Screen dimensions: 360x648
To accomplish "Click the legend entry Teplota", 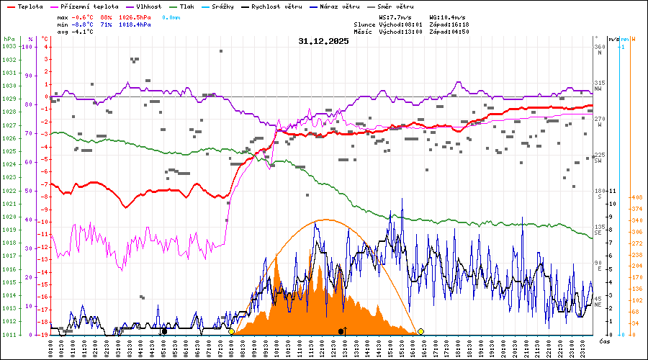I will [30, 6].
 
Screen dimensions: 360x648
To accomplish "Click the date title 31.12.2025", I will [323, 41].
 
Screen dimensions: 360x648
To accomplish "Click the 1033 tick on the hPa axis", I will [9, 46].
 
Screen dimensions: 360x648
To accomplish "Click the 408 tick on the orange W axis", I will [636, 197].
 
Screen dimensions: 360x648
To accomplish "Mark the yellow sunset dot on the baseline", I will [420, 331].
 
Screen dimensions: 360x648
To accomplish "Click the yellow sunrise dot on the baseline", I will [231, 331].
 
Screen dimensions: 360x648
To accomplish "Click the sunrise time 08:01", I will [420, 24].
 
